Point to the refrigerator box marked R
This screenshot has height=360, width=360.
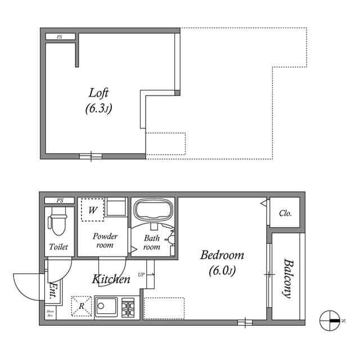81,306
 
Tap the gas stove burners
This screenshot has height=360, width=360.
128,308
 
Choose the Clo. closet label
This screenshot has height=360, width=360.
285,214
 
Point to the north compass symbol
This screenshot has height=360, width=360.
331,320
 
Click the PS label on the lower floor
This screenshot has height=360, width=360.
60,200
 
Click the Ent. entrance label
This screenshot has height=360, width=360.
52,289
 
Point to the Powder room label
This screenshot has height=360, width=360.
105,241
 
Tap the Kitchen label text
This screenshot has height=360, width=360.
111,279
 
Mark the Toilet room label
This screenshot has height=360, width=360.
58,247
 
